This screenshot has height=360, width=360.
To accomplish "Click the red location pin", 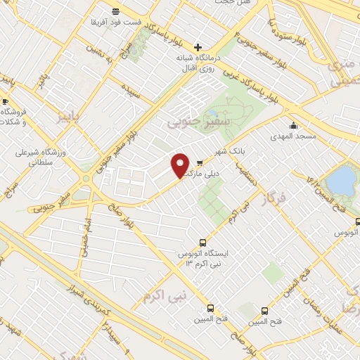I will click(181, 165).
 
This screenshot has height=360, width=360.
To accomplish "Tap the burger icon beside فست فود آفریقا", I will click(115, 11).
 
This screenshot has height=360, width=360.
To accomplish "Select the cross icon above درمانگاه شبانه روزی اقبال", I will click(198, 46).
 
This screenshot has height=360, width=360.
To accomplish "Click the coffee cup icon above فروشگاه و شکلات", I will click(6, 102).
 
